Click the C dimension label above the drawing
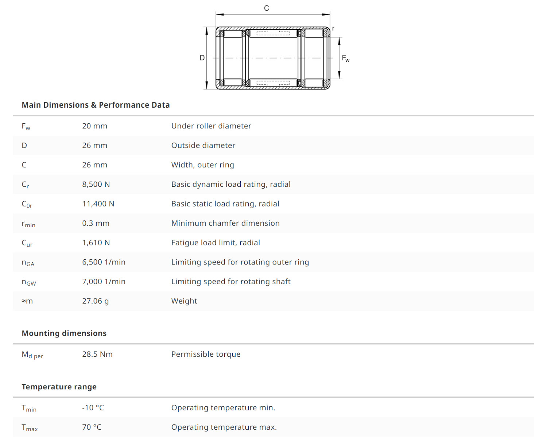tap(266, 8)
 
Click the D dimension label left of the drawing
tap(202, 58)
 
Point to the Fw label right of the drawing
tap(346, 58)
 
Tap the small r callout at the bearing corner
tap(333, 28)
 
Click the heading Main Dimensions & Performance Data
tap(96, 105)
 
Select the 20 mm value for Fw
tap(94, 126)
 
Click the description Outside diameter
tap(203, 146)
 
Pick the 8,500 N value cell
tap(96, 184)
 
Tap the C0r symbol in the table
tap(27, 204)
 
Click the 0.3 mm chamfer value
tap(96, 223)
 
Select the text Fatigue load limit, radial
tap(216, 243)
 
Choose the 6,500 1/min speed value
tap(104, 262)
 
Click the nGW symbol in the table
tap(29, 282)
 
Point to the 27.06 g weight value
tap(95, 301)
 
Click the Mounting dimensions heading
tap(64, 333)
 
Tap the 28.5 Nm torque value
tap(97, 354)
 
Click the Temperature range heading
tap(59, 387)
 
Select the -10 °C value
tap(93, 408)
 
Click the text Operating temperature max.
tap(224, 427)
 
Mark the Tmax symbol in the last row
tap(30, 428)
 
